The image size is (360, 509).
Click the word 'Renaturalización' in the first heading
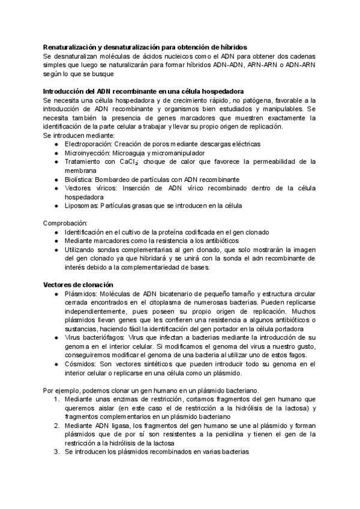[71, 47]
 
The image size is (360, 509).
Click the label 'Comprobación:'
[65, 223]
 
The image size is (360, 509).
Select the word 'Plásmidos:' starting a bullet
[83, 294]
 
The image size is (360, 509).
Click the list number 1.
[55, 399]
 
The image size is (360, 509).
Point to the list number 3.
[55, 451]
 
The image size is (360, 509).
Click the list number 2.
[55, 425]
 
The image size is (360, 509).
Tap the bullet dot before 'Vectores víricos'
[56, 188]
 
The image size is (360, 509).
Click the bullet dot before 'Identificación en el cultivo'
[56, 232]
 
